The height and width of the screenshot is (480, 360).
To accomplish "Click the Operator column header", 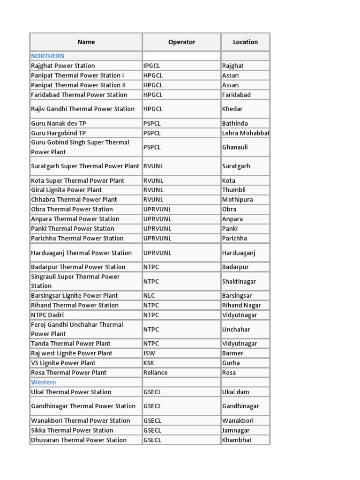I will [181, 42].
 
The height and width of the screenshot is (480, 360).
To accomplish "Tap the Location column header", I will [245, 42].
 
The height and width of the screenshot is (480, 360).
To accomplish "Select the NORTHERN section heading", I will [48, 56].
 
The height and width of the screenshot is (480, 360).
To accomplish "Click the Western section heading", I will [44, 382].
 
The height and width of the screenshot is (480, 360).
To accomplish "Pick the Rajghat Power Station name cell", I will [63, 66].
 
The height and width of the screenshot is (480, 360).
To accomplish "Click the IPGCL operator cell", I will [152, 66].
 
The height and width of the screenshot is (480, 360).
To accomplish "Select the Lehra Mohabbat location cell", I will [246, 133].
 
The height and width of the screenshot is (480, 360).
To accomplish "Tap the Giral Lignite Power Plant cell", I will [66, 190].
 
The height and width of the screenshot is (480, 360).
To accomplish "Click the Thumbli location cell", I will [234, 190].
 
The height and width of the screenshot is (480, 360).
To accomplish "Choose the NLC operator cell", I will [149, 296].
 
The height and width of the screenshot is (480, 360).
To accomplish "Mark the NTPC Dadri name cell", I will [47, 315].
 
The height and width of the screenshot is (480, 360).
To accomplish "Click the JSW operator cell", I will [149, 353].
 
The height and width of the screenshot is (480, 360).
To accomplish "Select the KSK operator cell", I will [149, 363].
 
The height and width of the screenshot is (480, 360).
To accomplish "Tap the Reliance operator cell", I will [155, 373].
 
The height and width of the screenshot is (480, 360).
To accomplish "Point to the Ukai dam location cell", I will [236, 392].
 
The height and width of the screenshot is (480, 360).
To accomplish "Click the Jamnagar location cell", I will [236, 430].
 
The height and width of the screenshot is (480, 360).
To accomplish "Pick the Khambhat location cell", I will [237, 440].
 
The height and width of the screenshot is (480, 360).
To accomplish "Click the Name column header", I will [86, 42].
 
